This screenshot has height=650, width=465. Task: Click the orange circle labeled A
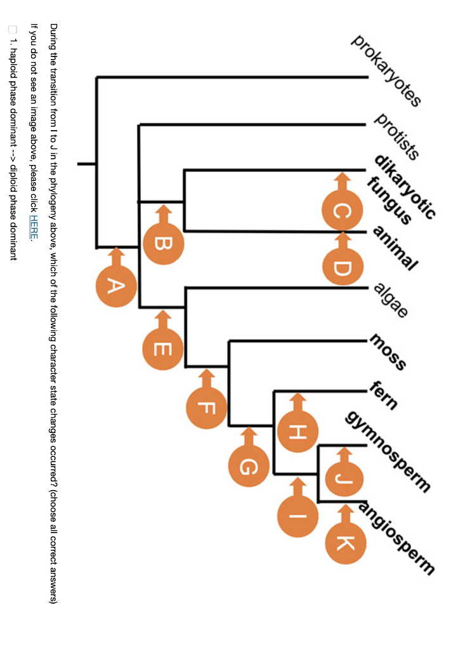click(116, 286)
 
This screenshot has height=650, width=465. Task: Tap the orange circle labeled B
click(163, 243)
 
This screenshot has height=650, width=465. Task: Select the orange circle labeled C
click(343, 211)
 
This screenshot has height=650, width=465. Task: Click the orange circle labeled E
click(163, 348)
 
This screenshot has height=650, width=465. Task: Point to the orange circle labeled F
click(206, 408)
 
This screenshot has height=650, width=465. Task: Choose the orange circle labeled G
click(249, 467)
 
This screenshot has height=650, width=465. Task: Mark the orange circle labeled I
click(297, 516)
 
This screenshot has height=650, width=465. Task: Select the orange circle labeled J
click(343, 478)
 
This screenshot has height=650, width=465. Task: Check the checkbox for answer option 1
click(13, 29)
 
